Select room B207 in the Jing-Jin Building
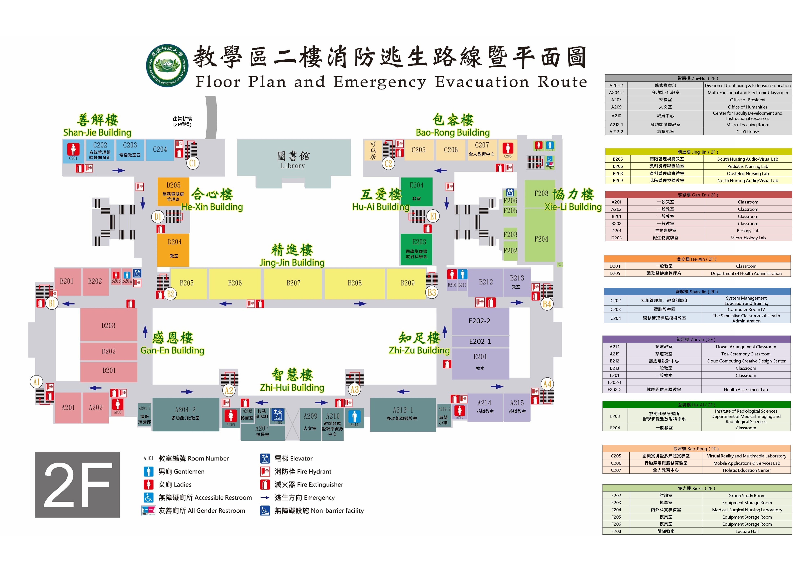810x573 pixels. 293,283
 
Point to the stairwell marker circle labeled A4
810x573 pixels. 547,384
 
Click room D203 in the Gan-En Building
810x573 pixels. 108,325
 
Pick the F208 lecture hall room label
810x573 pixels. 541,193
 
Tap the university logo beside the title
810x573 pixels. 167,66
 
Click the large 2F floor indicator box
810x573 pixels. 77,485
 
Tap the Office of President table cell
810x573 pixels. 747,100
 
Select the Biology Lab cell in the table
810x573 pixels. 748,231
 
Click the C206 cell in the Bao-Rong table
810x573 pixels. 616,463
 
